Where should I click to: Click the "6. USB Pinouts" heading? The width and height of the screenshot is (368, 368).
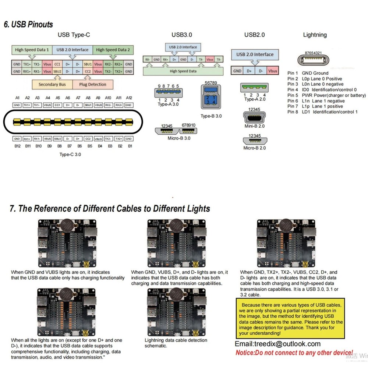[x=28, y=25]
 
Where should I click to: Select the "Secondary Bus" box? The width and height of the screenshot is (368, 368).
[x=52, y=84]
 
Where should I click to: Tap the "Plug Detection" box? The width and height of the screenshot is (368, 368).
[x=92, y=84]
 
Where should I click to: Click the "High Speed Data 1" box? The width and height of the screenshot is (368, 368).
[x=32, y=50]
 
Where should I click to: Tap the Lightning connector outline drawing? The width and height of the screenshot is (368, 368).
[x=315, y=59]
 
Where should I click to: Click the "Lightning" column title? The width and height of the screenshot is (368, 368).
[x=315, y=35]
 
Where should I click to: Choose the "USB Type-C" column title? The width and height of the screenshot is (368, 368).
[x=74, y=35]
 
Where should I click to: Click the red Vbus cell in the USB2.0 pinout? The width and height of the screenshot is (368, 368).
[x=273, y=71]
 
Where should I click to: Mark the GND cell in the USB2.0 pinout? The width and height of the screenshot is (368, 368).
[x=237, y=71]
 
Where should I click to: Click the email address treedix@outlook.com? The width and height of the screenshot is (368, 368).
[x=277, y=344]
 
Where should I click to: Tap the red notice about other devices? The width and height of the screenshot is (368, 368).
[x=294, y=353]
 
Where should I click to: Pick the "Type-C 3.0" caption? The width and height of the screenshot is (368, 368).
[x=70, y=155]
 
